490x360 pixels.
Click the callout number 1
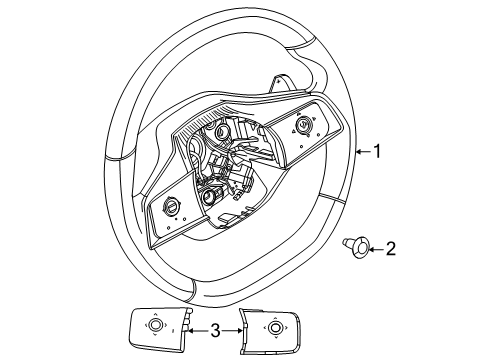378,152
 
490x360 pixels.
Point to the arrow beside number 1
363,152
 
